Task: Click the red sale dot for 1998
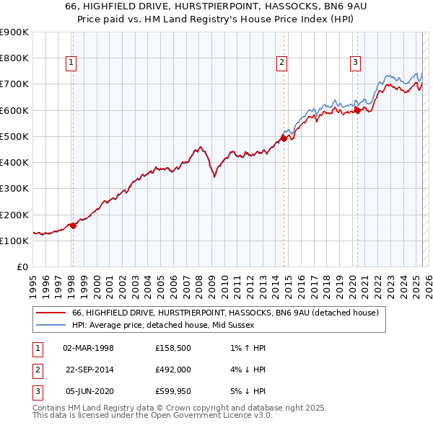click(x=73, y=225)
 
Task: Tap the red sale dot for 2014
click(x=284, y=138)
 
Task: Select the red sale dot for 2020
click(x=357, y=110)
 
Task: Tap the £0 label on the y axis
click(x=22, y=267)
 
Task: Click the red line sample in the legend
click(x=51, y=313)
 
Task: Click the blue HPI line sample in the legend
click(x=51, y=325)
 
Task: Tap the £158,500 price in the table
click(x=172, y=348)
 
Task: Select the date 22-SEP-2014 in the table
click(x=89, y=370)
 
